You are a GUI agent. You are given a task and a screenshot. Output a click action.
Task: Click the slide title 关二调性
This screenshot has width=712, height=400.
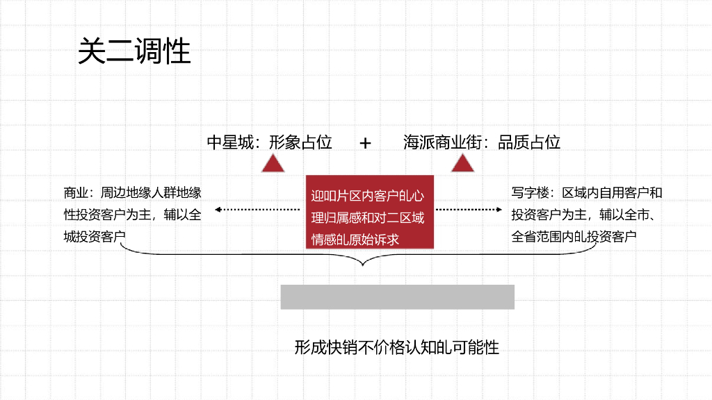coord(133,51)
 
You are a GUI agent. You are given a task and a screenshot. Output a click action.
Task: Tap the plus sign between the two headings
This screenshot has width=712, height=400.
coord(366,143)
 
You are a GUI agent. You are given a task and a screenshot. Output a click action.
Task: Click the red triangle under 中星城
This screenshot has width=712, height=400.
coord(273,165)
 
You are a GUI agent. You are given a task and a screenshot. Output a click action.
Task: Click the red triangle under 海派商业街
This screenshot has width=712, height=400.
coord(462,165)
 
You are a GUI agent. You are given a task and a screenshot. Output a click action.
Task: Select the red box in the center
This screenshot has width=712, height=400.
coord(370,212)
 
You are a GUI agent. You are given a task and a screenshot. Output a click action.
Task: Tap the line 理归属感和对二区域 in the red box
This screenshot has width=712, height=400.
coord(367,218)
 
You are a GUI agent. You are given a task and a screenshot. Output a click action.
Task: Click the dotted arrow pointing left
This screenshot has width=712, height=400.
coord(253,209)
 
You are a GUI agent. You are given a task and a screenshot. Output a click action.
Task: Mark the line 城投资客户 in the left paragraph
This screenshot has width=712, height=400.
coord(95,236)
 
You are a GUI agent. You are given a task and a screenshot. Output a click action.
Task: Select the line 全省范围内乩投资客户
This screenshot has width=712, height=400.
coord(574,236)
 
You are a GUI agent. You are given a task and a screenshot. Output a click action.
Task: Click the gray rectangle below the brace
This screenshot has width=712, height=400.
coord(397,297)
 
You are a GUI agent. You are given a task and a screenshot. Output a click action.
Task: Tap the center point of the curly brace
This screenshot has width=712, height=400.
coord(361,262)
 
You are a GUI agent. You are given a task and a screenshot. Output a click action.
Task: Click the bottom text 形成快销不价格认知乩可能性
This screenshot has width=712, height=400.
coord(397,347)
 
